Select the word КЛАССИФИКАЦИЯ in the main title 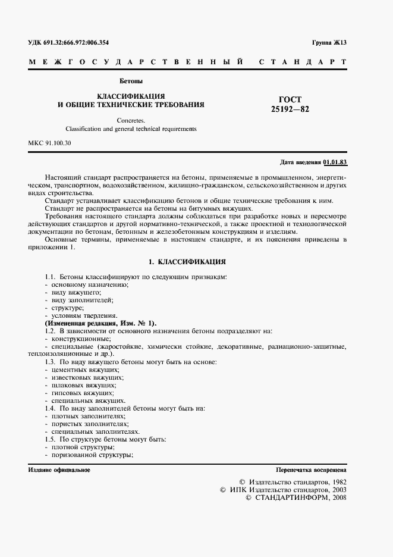pyautogui.click(x=131, y=96)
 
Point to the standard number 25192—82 pyautogui.click(x=290, y=109)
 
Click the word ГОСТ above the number pyautogui.click(x=290, y=99)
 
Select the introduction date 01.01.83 pyautogui.click(x=335, y=162)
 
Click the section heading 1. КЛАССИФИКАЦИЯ pyautogui.click(x=187, y=261)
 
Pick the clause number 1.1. pyautogui.click(x=50, y=277)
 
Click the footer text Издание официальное pyautogui.click(x=59, y=470)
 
